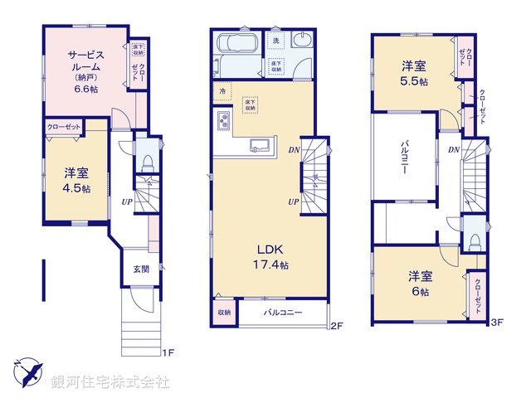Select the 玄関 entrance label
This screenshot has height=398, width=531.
pos(140,269)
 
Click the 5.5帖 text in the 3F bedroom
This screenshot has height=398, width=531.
pos(416,82)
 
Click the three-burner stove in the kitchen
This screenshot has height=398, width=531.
pos(224,122)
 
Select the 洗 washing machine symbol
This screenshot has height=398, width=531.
pos(275,40)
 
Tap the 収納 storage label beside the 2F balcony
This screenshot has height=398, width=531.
pos(224,313)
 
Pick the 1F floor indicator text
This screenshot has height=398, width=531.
pos(167,352)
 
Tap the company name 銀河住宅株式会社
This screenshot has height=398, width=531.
pos(110,382)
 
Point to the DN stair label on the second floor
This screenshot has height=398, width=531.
pos(293,150)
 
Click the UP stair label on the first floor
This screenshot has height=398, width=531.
pos(127,201)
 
